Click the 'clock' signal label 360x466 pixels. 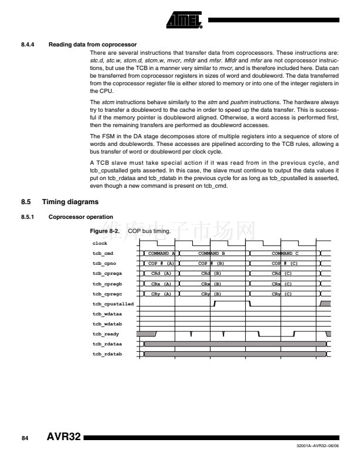pos(99,243)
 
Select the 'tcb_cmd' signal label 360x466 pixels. pos(102,254)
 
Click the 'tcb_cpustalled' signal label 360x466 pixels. pos(113,304)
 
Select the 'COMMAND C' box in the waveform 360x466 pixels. pos(285,254)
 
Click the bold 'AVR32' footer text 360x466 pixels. pos(63,438)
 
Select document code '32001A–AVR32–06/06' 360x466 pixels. pos(318,448)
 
